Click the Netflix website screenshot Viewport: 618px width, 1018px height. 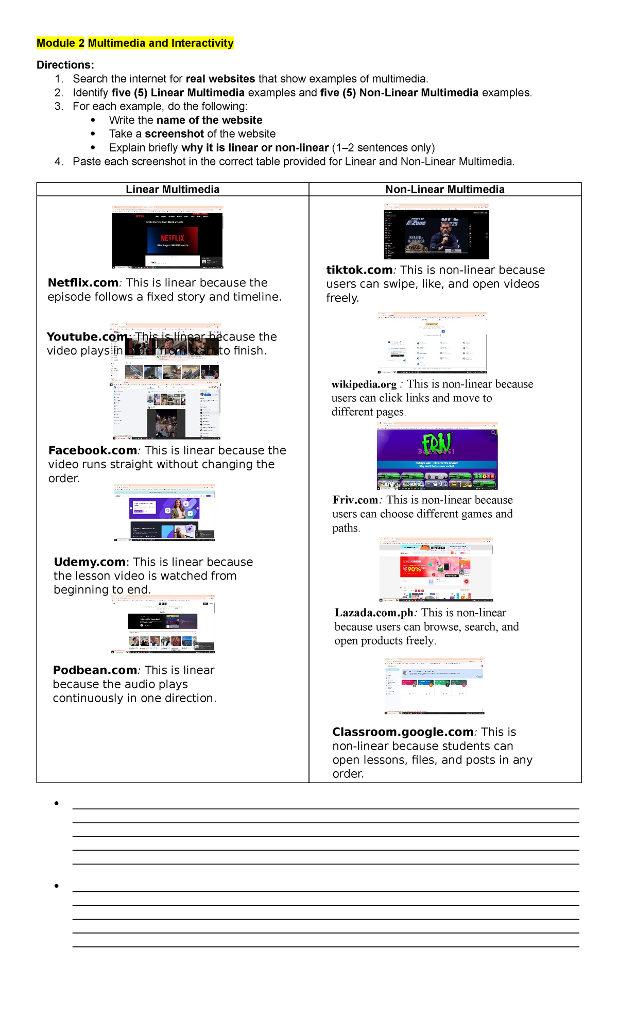click(x=167, y=237)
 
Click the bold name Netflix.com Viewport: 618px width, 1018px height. click(x=83, y=283)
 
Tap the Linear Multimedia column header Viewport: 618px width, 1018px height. click(x=173, y=190)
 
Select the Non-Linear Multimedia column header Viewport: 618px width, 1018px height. click(x=445, y=190)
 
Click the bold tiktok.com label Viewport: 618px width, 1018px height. click(x=359, y=270)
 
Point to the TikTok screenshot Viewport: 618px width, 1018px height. click(x=436, y=231)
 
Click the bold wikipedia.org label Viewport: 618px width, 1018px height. click(x=364, y=384)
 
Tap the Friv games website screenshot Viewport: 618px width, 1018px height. click(x=437, y=456)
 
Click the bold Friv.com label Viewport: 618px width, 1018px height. click(x=355, y=500)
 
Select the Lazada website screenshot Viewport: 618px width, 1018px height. click(x=436, y=569)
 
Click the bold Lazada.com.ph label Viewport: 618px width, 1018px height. click(x=374, y=613)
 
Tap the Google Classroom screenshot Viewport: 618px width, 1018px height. click(x=435, y=686)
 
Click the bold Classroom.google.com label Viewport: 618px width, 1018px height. click(x=403, y=732)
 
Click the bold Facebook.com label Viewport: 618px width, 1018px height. click(x=93, y=450)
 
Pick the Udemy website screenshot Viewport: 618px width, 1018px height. click(x=164, y=513)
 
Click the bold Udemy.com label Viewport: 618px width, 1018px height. click(x=90, y=562)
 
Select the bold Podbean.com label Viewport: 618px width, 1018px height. click(x=95, y=670)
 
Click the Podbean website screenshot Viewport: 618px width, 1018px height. click(x=163, y=624)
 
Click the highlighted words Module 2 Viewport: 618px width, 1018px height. click(x=60, y=43)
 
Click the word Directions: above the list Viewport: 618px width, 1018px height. click(x=65, y=65)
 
